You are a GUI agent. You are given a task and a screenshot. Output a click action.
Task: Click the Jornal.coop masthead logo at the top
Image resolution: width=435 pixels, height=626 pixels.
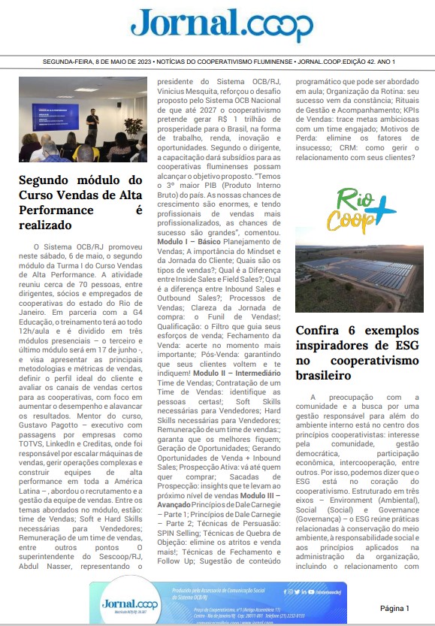point(222,26)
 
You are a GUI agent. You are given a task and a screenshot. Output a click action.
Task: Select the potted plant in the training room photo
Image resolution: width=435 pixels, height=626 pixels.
point(133,128)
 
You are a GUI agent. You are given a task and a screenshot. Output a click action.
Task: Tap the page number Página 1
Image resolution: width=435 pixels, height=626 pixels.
point(394,607)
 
